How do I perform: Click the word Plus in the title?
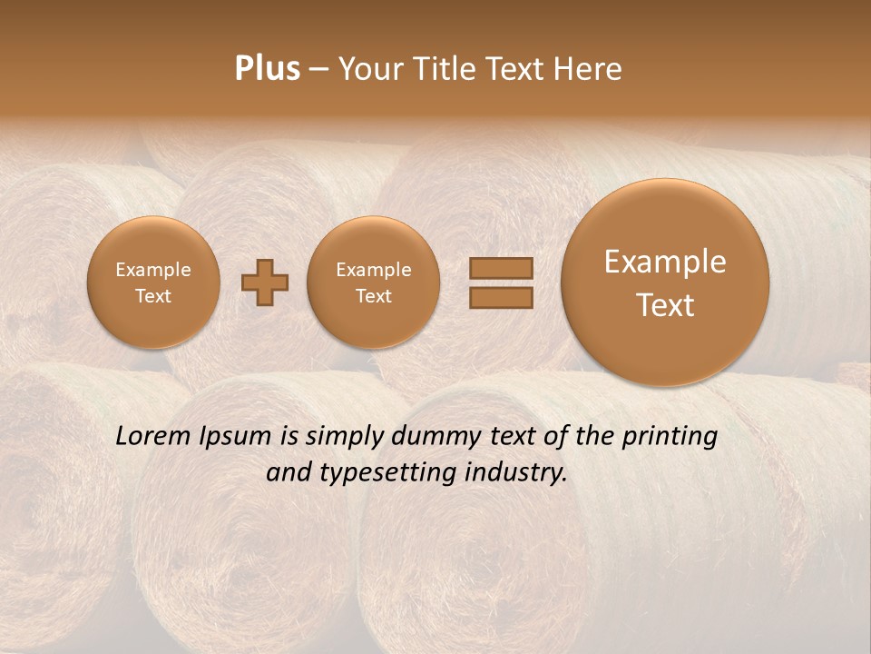point(267,69)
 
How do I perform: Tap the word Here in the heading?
point(590,69)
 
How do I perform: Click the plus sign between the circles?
point(265,282)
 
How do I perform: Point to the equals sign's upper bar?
point(501,269)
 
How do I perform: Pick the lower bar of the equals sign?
point(501,298)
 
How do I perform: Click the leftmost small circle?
point(152,282)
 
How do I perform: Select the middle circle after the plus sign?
point(373,282)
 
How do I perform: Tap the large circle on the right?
point(665,282)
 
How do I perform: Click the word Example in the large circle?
point(665,262)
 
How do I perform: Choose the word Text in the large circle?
point(665,305)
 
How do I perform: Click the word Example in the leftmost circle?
point(152,270)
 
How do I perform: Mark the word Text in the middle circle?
point(373,296)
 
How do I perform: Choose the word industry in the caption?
point(526,472)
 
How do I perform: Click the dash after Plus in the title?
point(318,69)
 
